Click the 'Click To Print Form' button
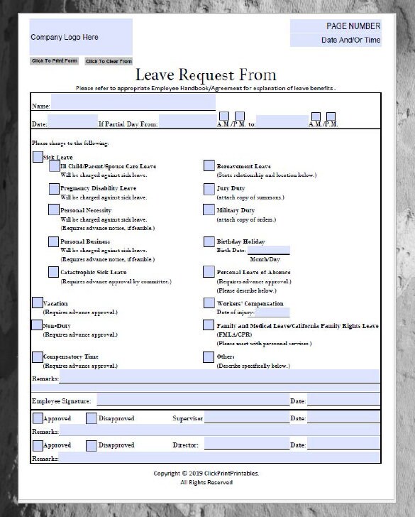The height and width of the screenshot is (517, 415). click(55, 61)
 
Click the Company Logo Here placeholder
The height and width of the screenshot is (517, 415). click(81, 37)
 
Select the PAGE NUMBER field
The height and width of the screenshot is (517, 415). click(336, 26)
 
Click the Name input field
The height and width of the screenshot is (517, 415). click(133, 103)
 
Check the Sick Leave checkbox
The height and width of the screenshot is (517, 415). click(38, 157)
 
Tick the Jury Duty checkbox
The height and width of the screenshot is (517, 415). click(209, 188)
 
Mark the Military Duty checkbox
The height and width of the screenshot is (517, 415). click(209, 210)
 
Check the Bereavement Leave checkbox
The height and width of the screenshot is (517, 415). click(209, 165)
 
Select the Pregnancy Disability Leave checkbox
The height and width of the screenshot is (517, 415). click(54, 188)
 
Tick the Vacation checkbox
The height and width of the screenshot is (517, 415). click(38, 303)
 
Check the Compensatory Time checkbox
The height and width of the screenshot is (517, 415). click(38, 357)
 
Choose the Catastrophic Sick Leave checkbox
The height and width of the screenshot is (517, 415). click(54, 272)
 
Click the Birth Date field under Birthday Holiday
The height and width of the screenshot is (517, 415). click(268, 250)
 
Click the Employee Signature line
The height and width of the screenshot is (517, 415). click(192, 399)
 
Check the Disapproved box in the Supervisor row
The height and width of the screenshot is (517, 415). click(92, 418)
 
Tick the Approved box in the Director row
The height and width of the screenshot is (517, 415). click(38, 445)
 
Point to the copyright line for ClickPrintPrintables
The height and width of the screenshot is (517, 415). click(206, 473)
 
